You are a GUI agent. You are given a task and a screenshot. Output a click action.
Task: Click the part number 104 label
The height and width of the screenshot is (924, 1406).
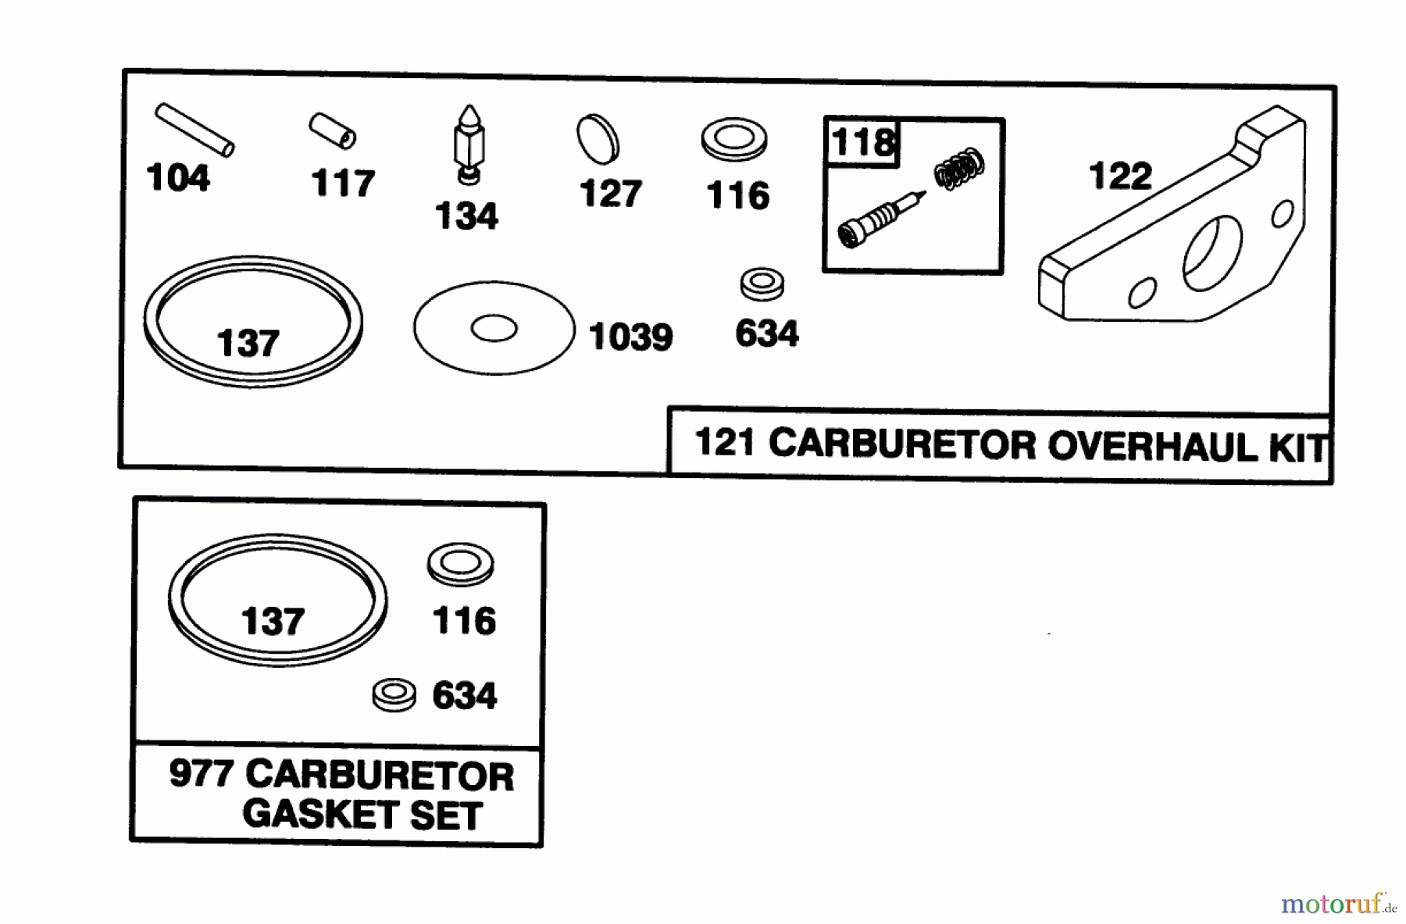click(178, 178)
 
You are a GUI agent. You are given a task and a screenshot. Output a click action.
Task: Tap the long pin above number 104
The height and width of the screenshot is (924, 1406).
click(194, 130)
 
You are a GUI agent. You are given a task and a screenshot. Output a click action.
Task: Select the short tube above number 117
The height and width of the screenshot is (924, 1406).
click(333, 130)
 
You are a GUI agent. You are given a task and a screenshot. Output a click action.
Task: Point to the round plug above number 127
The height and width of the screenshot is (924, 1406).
click(598, 139)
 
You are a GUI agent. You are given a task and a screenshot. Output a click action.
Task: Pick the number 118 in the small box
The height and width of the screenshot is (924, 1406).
click(862, 143)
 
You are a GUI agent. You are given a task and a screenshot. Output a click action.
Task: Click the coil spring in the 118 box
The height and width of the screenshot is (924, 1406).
click(959, 168)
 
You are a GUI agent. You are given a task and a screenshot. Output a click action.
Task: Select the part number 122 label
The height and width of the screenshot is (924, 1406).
click(1120, 177)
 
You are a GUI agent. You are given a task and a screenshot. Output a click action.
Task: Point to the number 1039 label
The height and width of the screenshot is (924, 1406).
click(630, 337)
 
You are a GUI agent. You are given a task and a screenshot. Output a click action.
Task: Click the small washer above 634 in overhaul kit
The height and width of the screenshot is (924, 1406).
click(762, 284)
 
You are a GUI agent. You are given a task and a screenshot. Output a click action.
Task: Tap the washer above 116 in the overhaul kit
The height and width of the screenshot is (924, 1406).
click(734, 140)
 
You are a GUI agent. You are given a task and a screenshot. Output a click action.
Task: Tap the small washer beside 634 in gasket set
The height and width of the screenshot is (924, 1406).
click(394, 694)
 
